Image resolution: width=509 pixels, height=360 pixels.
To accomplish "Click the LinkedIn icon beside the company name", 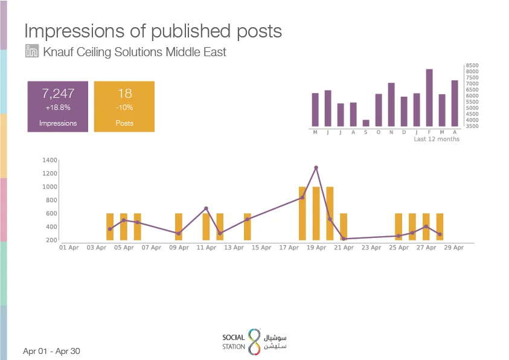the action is [x=32, y=51].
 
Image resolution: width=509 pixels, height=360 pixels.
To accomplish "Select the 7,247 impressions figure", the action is [x=58, y=94].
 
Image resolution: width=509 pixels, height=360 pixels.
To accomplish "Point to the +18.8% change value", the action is [x=58, y=108].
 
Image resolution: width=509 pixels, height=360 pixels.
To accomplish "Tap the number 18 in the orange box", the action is [x=124, y=94].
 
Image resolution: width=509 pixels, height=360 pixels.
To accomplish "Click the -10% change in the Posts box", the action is [x=124, y=108].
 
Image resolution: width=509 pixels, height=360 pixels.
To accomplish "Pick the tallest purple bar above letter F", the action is [x=429, y=98].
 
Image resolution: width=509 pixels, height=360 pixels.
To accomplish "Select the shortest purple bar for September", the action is [x=366, y=123].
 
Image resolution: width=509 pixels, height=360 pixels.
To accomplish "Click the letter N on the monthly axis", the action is [x=391, y=132].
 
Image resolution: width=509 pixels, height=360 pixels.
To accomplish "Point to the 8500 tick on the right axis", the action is [x=472, y=66].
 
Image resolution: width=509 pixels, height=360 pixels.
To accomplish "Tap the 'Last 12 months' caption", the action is [x=437, y=140].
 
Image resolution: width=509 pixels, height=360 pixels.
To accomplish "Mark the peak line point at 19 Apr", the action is [x=316, y=168].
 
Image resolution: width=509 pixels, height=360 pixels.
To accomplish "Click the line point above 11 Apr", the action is [x=206, y=208].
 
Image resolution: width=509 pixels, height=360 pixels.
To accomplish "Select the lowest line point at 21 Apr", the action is [x=344, y=239].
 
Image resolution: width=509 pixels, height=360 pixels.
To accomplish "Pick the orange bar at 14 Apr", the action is [x=248, y=227].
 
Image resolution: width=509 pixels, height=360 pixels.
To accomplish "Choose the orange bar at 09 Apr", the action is [x=179, y=227].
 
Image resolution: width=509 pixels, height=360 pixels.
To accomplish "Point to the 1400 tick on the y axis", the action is [x=50, y=160].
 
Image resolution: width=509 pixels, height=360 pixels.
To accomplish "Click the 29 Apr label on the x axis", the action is [x=454, y=248].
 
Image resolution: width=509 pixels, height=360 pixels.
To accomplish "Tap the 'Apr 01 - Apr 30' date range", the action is [x=51, y=351].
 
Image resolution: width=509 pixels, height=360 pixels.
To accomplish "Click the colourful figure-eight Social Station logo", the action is [x=255, y=342].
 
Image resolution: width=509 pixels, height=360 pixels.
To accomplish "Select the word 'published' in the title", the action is [x=191, y=32].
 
